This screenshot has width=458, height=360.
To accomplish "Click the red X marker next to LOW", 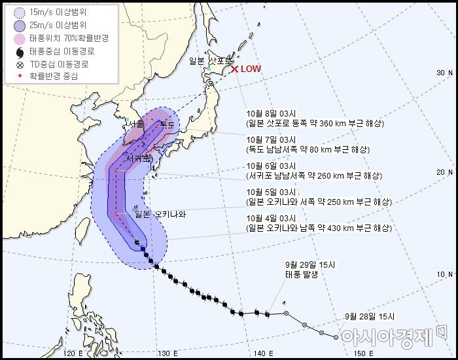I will coord(234,69).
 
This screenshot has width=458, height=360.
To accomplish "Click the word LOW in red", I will coord(251,69).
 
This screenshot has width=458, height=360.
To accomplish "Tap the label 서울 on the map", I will coord(137,124).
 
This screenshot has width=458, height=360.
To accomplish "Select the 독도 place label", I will coord(167,124).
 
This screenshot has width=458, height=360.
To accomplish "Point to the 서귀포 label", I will coord(139,158).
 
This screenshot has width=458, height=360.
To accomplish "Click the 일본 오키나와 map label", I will coord(160,214).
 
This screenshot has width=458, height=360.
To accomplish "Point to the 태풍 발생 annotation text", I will coord(302,275).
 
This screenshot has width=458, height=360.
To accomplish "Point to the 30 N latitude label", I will coord(445,73).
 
